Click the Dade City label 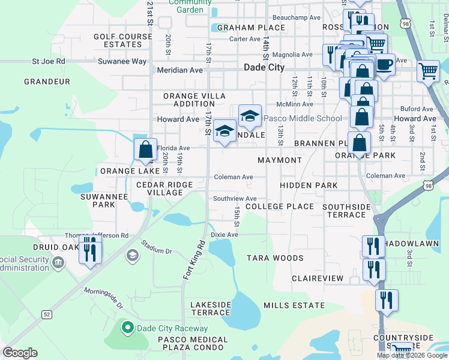pos(264,68)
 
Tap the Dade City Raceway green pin pos(127,328)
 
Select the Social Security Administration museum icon pos(59,262)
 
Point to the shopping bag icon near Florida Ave pos(146,149)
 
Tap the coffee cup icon pos(384,64)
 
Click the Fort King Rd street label pos(194,259)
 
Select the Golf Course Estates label pos(118,40)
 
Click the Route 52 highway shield pos(46,314)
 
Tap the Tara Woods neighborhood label pos(275,258)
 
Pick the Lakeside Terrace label pos(211,308)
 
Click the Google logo pos(20,353)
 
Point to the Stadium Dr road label pos(157,247)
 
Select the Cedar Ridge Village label pos(164,188)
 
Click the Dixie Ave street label pos(224,235)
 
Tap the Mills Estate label pos(294,305)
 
